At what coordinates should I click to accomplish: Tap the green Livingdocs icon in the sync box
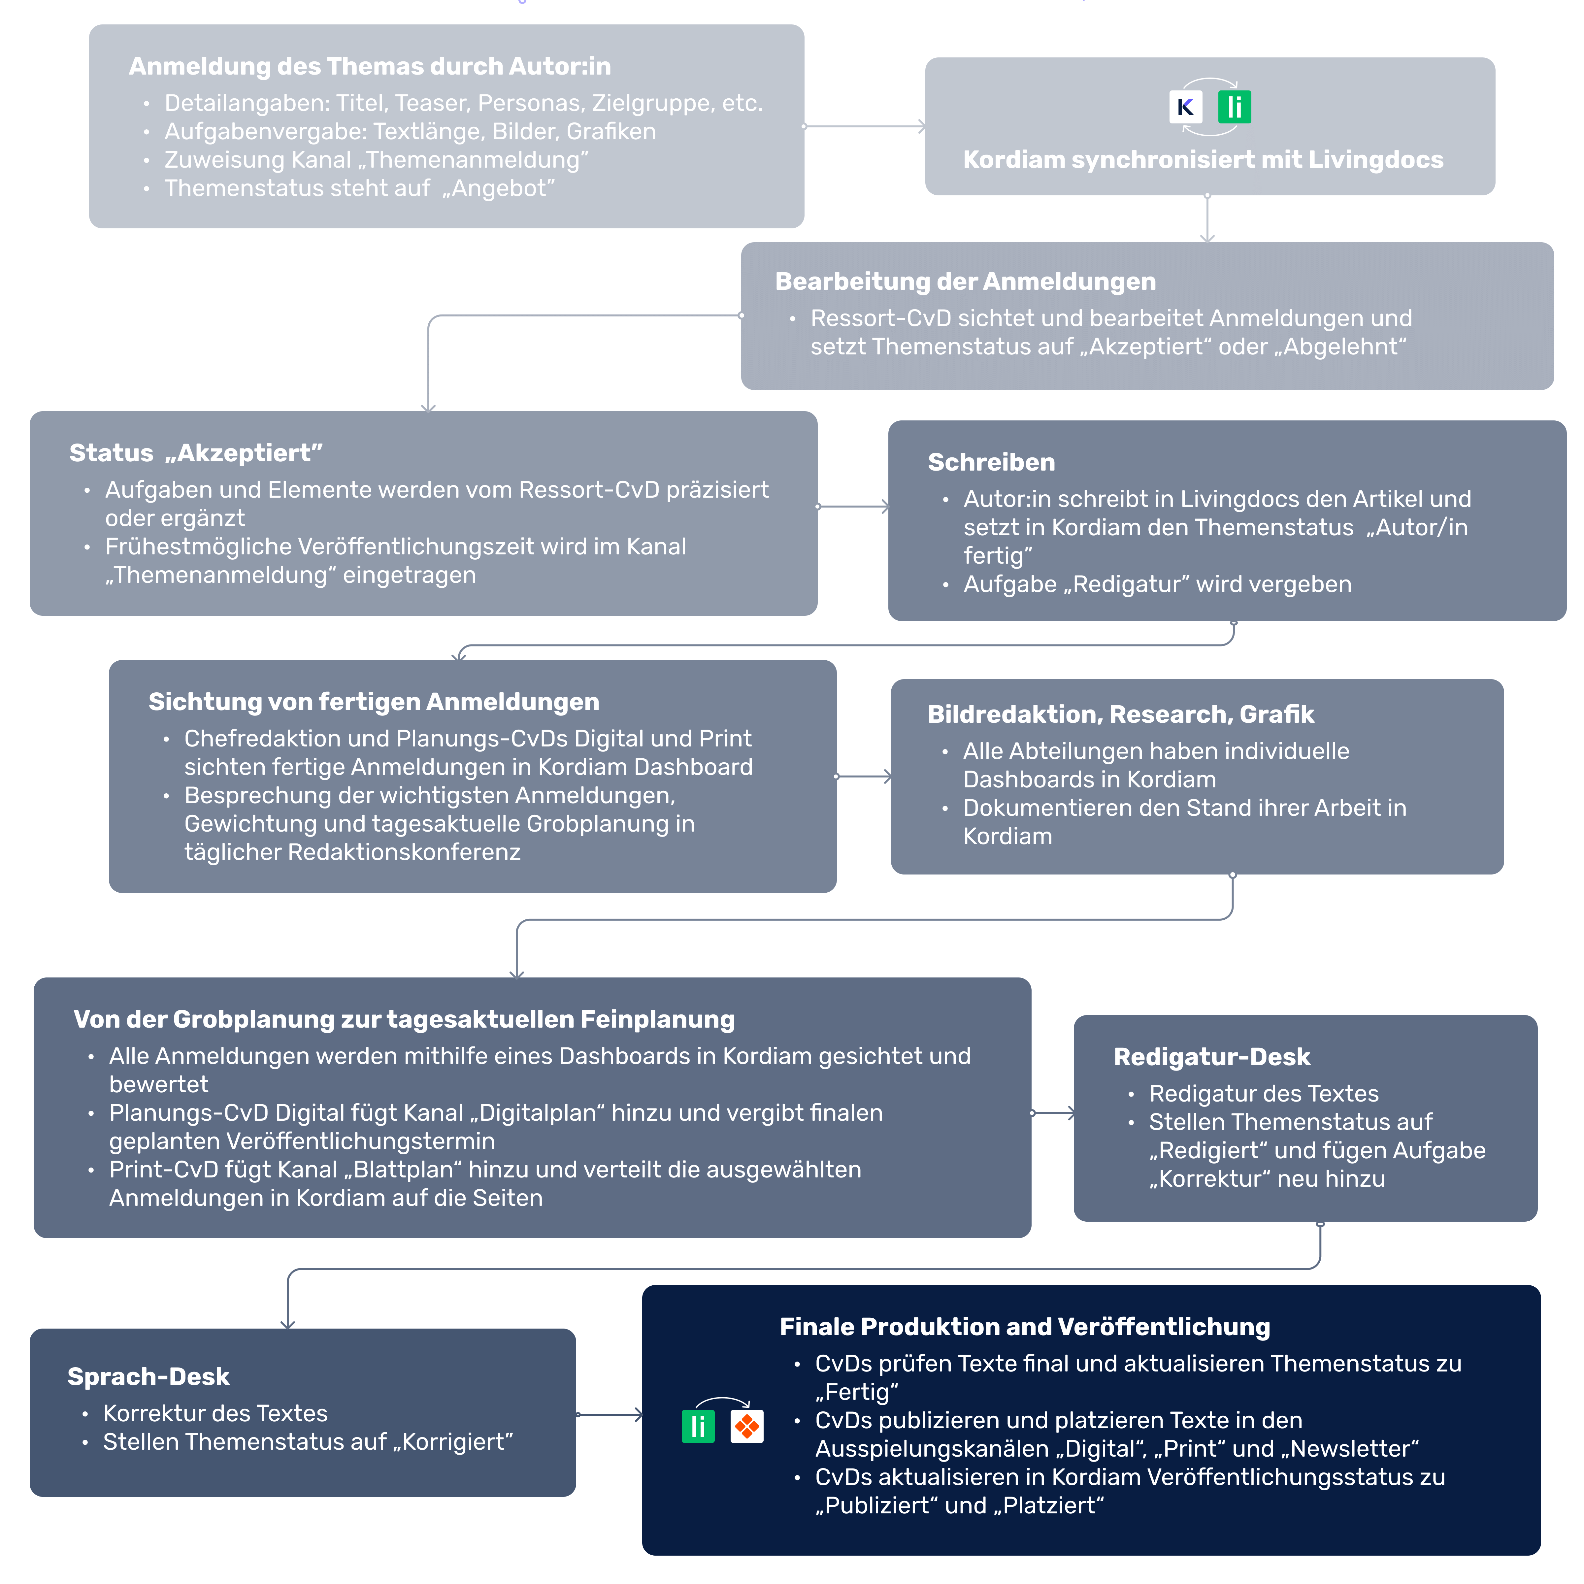click(1234, 107)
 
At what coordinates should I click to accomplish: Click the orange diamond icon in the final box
click(746, 1427)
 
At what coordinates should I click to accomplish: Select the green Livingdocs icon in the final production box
click(698, 1427)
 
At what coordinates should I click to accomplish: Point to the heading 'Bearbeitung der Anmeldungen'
click(965, 281)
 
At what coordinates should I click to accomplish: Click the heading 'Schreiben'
click(991, 462)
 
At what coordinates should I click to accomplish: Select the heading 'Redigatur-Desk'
click(1211, 1057)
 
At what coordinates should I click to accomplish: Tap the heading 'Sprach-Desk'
click(148, 1376)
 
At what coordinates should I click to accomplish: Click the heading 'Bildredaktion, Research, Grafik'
click(1120, 714)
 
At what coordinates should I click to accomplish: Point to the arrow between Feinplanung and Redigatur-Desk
click(1053, 1113)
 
